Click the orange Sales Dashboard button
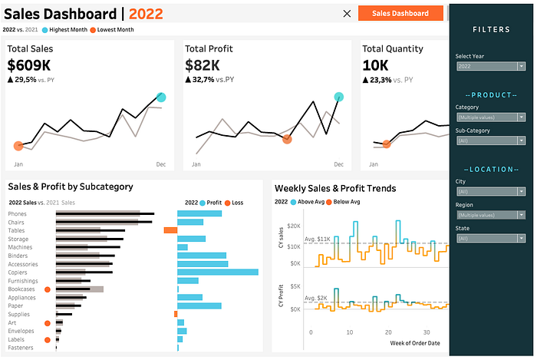tap(400, 13)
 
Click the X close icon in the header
tap(348, 13)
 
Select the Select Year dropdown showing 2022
tap(490, 67)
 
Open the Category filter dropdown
tap(490, 117)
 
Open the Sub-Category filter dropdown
tap(490, 141)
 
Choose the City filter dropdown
tap(490, 192)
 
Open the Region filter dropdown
tap(490, 216)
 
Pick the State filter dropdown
tap(490, 239)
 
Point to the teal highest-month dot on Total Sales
tap(161, 97)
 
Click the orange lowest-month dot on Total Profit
tap(287, 139)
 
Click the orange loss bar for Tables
tap(170, 230)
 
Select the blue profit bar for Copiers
tap(218, 272)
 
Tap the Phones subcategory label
tap(17, 214)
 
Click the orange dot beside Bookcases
tap(48, 289)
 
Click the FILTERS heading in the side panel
tap(490, 29)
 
